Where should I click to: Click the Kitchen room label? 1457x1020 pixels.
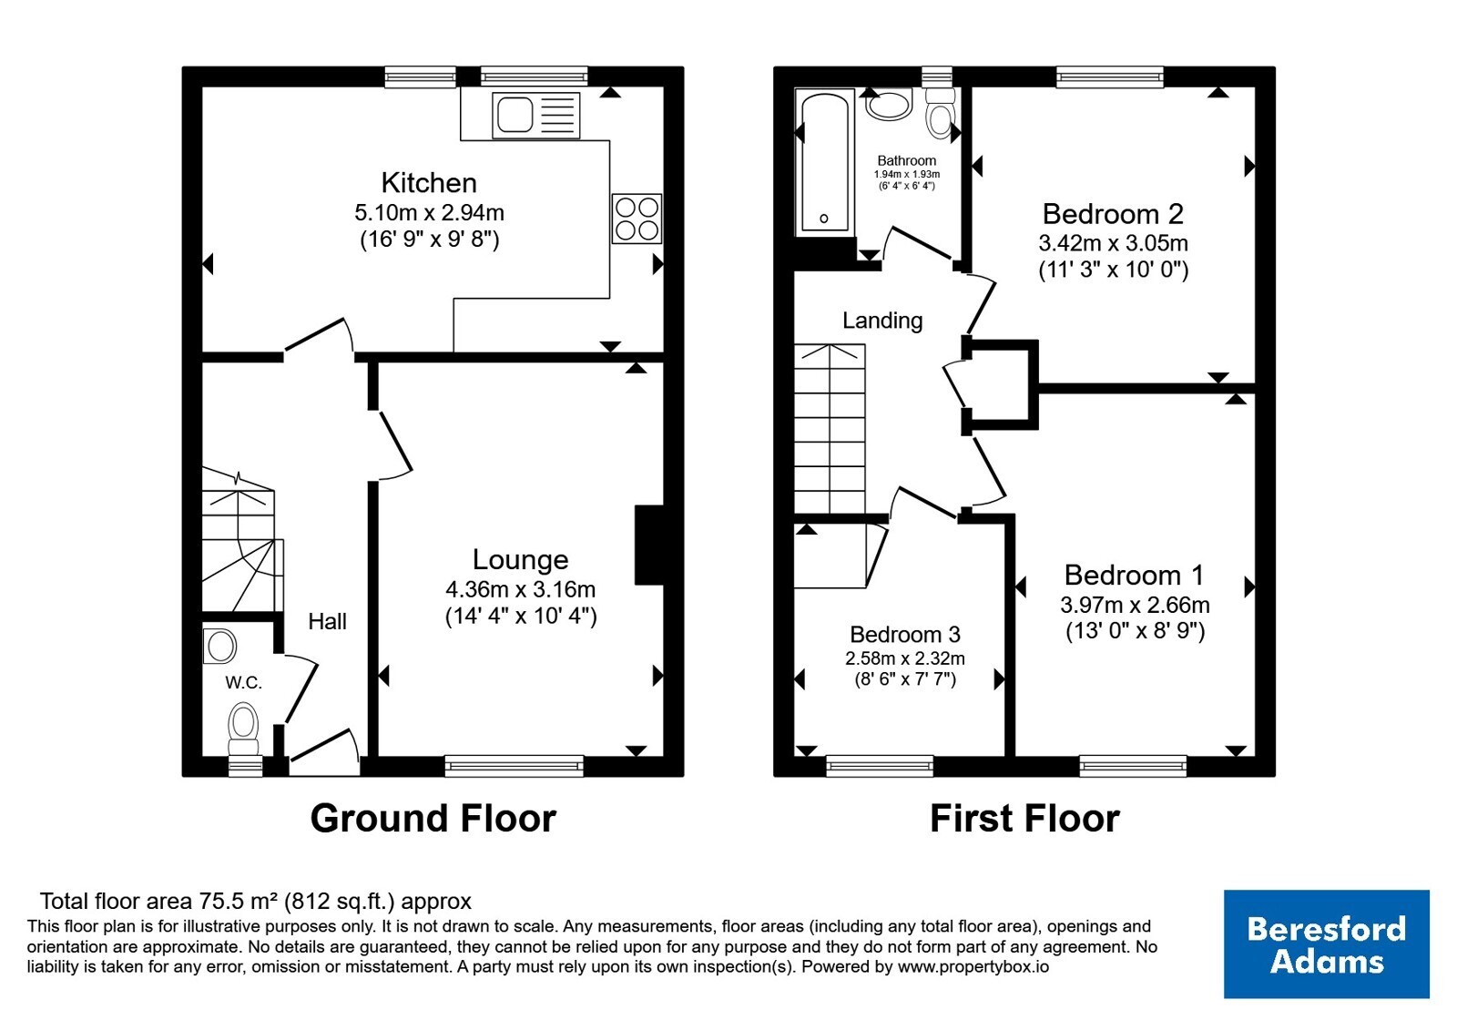(429, 183)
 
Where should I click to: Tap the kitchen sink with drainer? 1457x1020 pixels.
(536, 115)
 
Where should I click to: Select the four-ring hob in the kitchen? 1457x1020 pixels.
(637, 219)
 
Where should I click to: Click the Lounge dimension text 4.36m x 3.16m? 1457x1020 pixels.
(520, 589)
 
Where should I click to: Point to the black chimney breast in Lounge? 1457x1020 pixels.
(649, 546)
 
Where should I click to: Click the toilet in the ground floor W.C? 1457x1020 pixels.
(244, 729)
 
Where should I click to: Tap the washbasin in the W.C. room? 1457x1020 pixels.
(219, 647)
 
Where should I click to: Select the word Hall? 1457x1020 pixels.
(327, 621)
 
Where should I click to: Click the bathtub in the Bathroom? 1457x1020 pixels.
(825, 163)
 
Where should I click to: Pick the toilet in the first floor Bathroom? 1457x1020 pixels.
(940, 114)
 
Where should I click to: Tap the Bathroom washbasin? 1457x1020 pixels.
(889, 105)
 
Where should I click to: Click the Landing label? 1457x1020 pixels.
(882, 321)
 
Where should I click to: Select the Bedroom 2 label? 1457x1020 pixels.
(1113, 214)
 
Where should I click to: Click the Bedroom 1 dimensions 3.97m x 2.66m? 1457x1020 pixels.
(1135, 605)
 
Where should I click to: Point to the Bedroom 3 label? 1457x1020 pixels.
(905, 634)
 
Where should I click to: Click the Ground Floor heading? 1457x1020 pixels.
(433, 818)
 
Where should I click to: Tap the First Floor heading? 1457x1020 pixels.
(1025, 818)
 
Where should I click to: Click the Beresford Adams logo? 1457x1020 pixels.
(1326, 943)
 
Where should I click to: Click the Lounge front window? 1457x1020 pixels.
(514, 766)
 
